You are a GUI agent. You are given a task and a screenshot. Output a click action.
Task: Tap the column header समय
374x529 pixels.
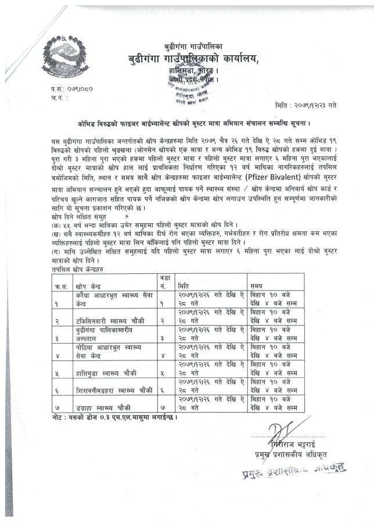[x=256, y=287]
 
